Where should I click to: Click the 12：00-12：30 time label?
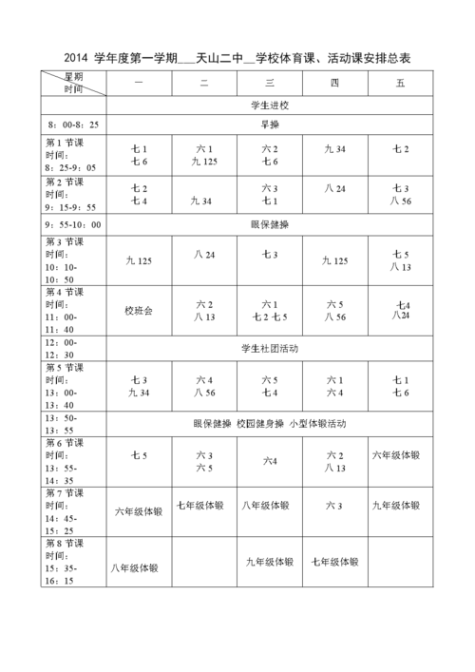[65, 348]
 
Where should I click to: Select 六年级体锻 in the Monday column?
[139, 511]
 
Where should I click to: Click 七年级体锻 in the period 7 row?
[202, 505]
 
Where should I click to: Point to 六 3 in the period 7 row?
[334, 505]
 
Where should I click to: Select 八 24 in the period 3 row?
[204, 254]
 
